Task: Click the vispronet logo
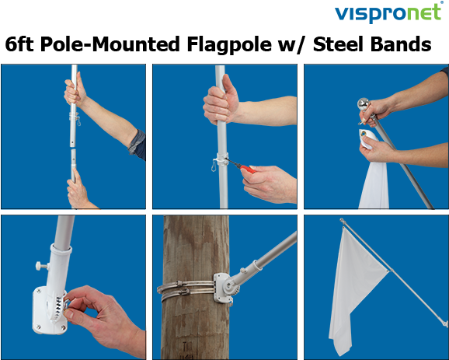click(x=388, y=12)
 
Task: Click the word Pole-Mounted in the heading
click(x=110, y=44)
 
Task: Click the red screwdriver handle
click(x=247, y=169)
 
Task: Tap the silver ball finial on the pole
click(x=364, y=103)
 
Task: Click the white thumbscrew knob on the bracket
click(x=41, y=265)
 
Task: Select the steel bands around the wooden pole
click(x=186, y=290)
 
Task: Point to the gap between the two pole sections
click(x=73, y=148)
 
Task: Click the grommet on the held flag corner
click(x=364, y=133)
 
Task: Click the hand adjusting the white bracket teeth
click(x=100, y=314)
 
